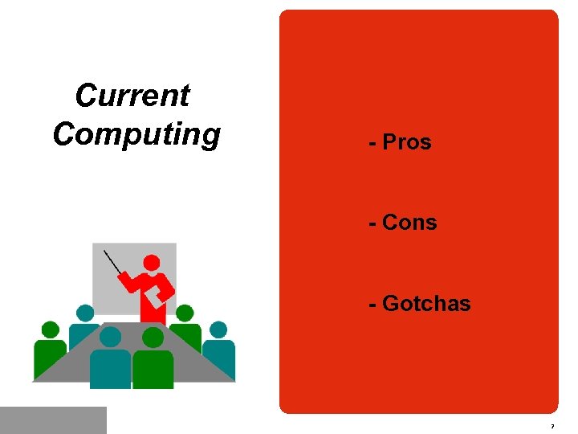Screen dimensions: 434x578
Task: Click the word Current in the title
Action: (132, 96)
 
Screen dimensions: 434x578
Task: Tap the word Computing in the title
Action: (136, 134)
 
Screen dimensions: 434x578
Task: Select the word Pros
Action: (407, 142)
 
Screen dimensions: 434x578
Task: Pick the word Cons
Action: (409, 223)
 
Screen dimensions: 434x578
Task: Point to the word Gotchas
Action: (426, 304)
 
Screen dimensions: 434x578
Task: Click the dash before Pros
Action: (372, 143)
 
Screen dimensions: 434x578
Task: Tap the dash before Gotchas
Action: (372, 305)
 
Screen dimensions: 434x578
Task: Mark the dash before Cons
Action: (372, 223)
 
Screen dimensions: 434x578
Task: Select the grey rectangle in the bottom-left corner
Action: (53, 420)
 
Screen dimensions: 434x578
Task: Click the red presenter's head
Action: (151, 262)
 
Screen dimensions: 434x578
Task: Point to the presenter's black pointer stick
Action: (113, 262)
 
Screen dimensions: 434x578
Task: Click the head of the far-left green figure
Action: (51, 330)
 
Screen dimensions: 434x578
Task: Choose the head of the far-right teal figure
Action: (218, 330)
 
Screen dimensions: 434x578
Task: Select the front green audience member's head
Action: (153, 338)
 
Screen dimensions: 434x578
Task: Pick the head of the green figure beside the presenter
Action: (185, 313)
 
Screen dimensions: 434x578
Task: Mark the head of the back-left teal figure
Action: (84, 313)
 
